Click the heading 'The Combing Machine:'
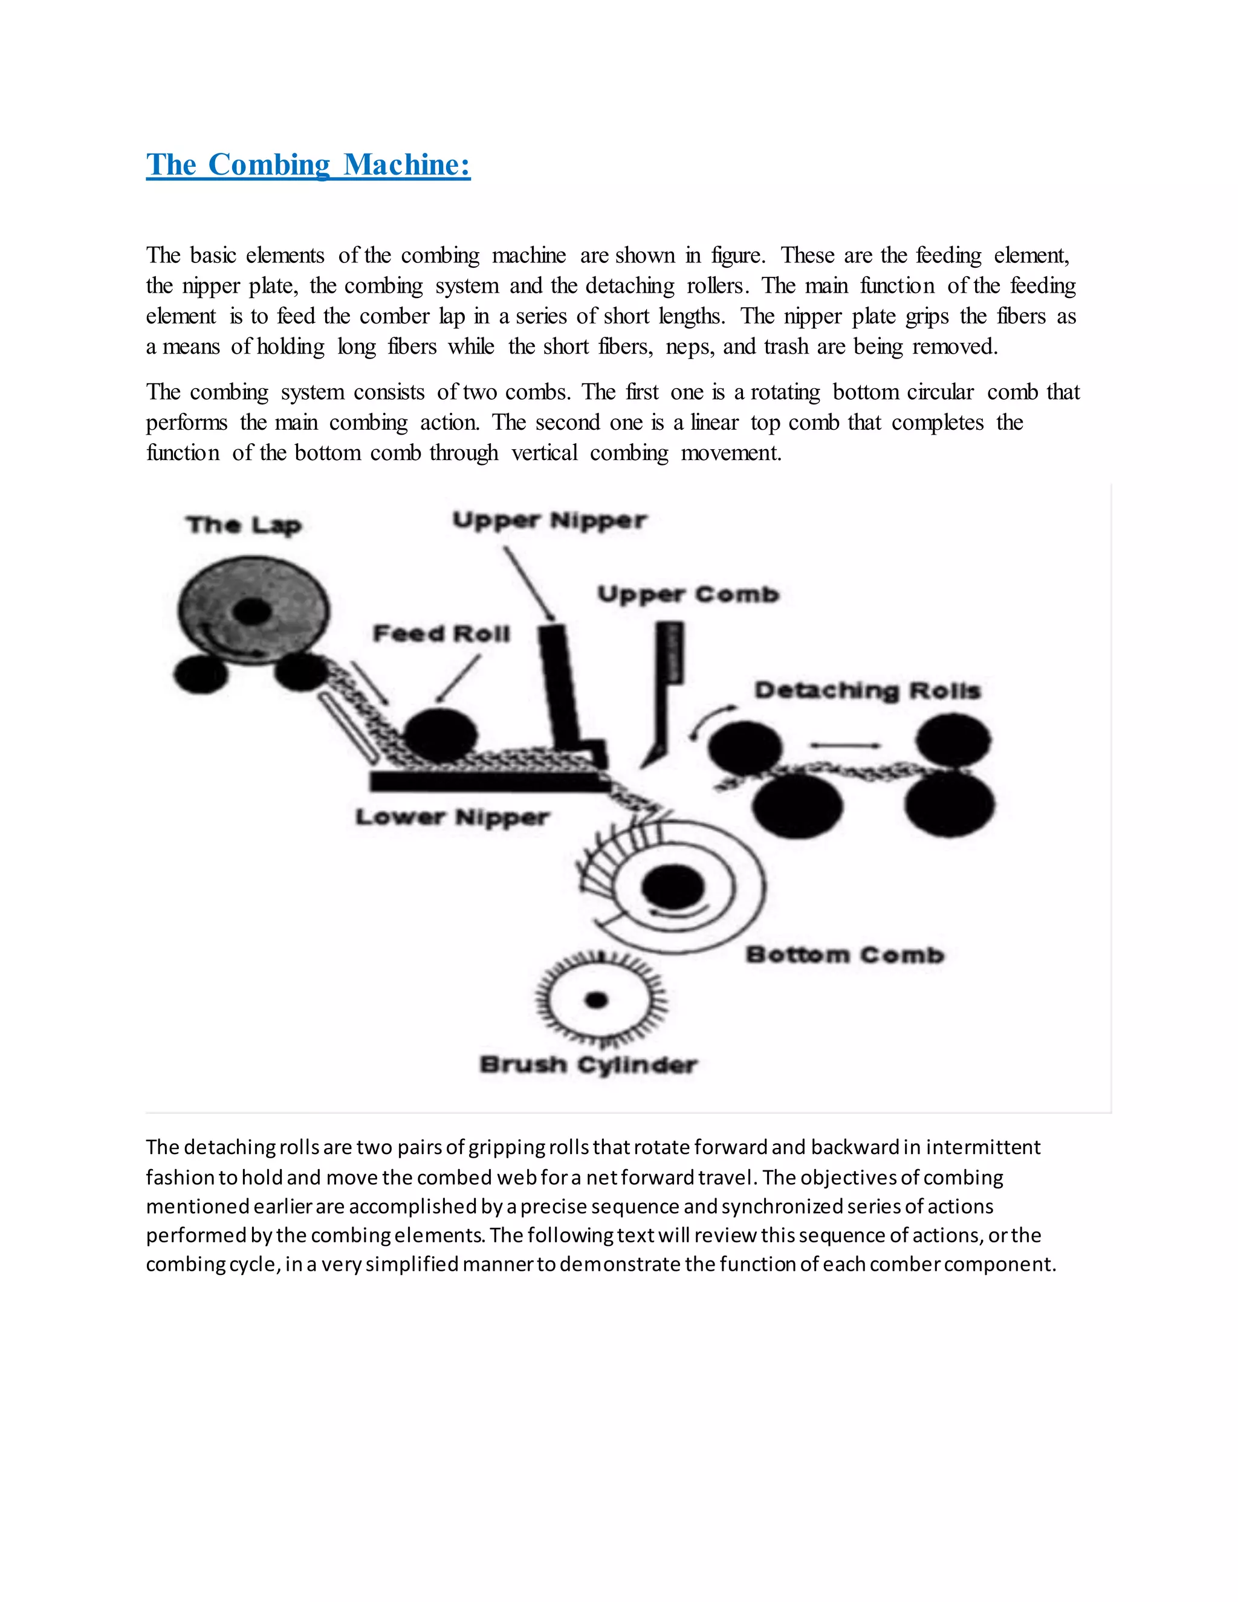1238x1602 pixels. [x=308, y=164]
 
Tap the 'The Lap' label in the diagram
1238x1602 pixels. [x=244, y=525]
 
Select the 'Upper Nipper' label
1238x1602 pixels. [x=549, y=520]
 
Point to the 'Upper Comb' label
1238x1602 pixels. [x=688, y=594]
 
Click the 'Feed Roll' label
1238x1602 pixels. [x=441, y=634]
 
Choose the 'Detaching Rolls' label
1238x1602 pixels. [x=867, y=690]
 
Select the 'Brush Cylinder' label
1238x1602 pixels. [x=588, y=1065]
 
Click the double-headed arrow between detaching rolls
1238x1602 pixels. [x=845, y=745]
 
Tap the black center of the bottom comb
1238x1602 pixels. [x=673, y=887]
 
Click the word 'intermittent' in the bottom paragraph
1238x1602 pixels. [x=983, y=1147]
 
